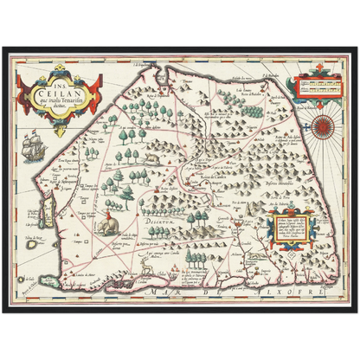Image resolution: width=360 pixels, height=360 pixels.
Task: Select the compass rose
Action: [319, 120]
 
